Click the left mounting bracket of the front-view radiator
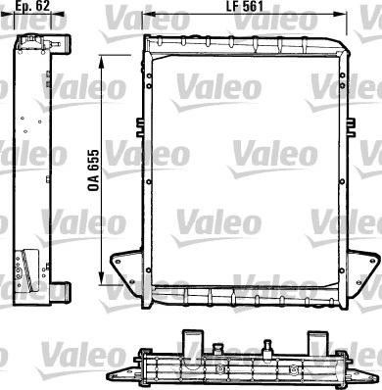coord(127,266)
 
